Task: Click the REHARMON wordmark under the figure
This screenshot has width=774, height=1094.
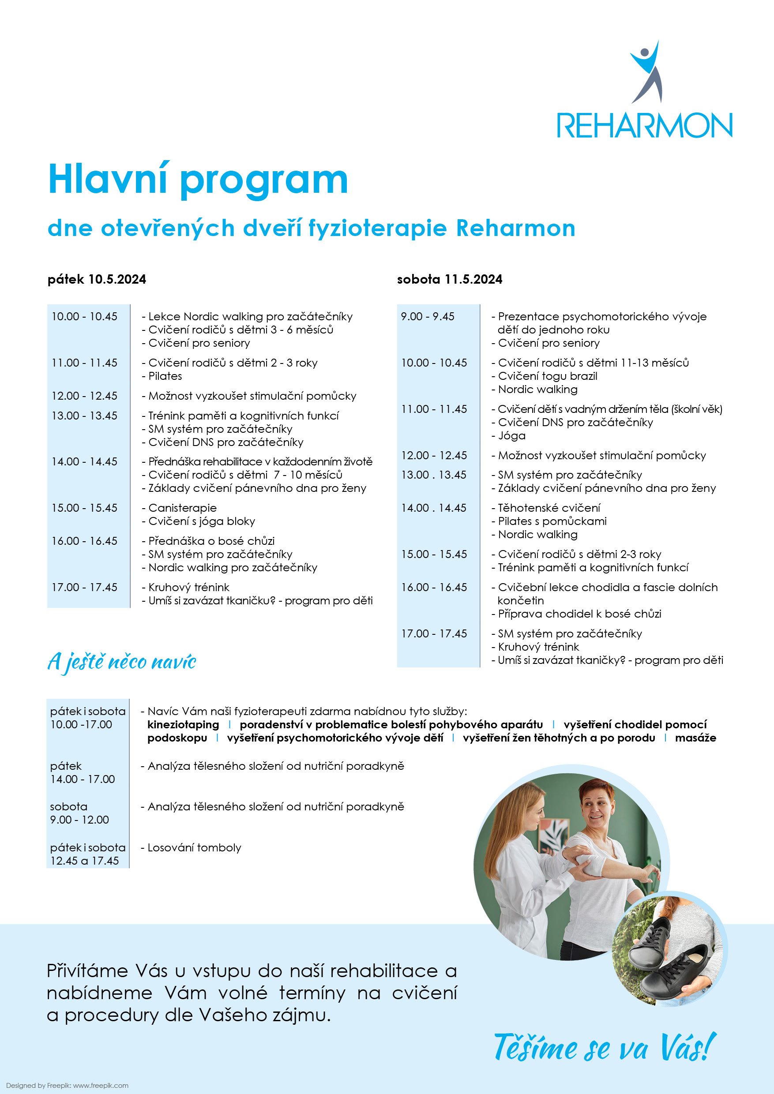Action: [644, 126]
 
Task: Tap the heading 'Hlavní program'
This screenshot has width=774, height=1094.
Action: [198, 180]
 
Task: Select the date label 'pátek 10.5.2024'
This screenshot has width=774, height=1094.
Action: [97, 279]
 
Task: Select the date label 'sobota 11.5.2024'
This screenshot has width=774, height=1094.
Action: [449, 279]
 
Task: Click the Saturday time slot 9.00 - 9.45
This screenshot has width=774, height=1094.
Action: [428, 316]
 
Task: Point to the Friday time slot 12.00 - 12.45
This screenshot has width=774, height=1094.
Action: [84, 396]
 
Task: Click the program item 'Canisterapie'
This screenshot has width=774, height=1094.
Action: [183, 508]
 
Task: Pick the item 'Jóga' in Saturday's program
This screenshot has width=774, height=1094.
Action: [511, 435]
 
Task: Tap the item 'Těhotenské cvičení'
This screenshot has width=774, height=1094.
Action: [549, 508]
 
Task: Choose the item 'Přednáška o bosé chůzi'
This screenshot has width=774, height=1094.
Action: [211, 541]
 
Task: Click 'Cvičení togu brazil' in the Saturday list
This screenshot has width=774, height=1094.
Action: [547, 376]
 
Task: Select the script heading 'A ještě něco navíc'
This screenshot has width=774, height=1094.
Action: [122, 661]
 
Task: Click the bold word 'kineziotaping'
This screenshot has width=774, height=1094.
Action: [183, 725]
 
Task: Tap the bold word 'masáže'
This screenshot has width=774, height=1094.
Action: [695, 738]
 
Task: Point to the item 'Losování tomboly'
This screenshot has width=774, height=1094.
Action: [194, 848]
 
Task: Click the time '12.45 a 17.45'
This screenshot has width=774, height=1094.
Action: [84, 861]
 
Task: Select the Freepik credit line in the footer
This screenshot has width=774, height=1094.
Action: [67, 1086]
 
